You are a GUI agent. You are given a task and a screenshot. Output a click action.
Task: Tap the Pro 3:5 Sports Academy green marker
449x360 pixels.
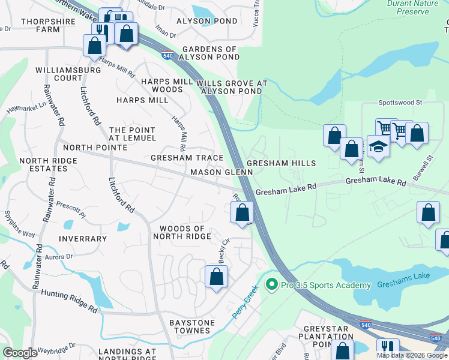pos(271,284)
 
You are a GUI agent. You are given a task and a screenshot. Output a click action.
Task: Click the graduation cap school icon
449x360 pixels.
pos(378,146)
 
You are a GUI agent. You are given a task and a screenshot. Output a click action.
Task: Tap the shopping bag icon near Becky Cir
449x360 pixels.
pos(217,277)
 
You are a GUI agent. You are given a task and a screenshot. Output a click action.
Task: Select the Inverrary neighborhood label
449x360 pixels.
pos(83,239)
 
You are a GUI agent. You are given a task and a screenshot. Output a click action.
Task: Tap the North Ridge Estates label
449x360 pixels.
pos(48,165)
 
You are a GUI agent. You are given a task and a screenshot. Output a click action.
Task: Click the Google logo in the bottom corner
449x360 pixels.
pos(20,353)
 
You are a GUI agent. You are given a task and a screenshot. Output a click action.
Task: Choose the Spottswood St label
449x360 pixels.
pos(400,103)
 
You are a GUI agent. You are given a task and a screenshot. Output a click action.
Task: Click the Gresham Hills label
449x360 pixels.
pos(281,163)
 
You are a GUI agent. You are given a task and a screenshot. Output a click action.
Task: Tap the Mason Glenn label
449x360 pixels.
pos(221,172)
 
